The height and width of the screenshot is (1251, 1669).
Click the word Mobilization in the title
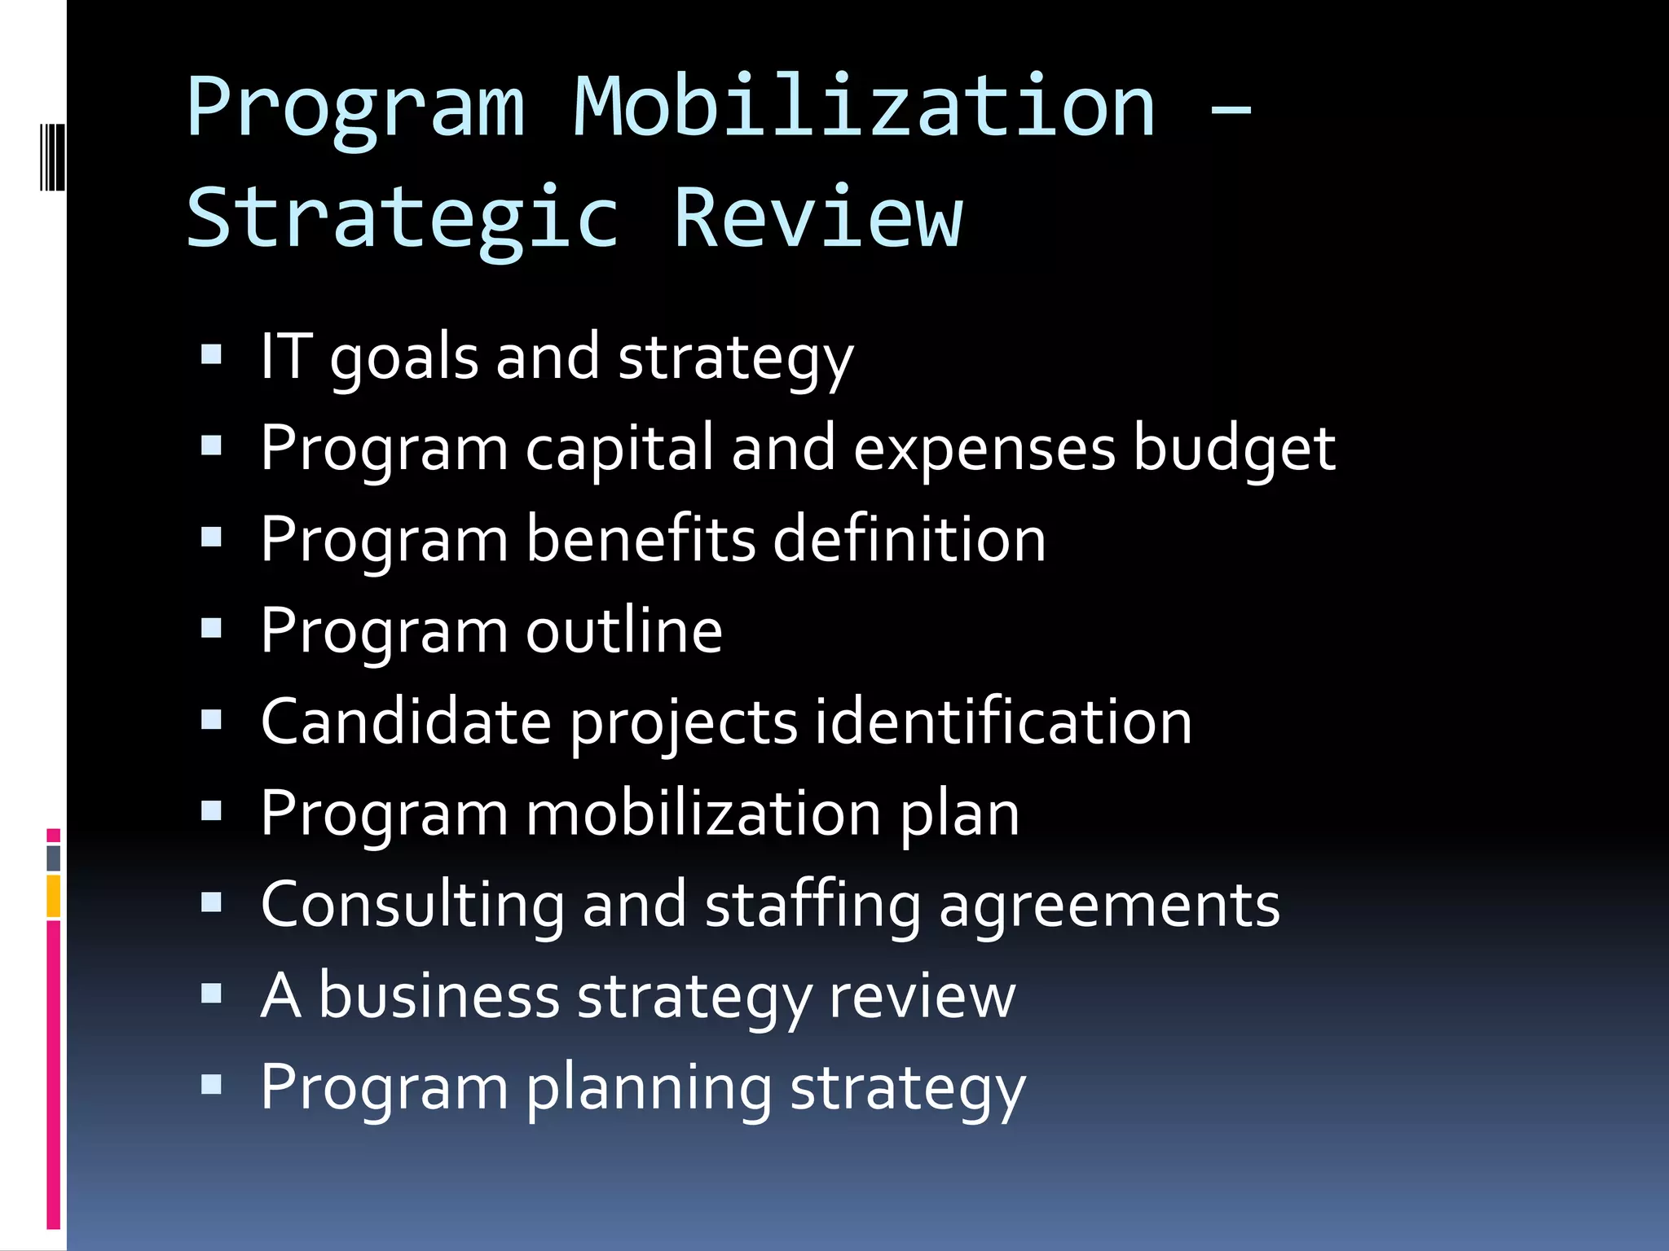coord(864,108)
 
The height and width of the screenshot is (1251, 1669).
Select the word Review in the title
coord(818,218)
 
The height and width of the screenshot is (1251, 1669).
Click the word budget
coord(1234,450)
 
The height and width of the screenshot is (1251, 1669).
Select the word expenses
coord(984,450)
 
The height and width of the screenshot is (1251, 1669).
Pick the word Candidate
coord(406,722)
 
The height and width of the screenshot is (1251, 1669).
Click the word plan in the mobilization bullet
coord(959,814)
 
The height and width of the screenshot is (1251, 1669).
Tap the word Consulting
coord(412,906)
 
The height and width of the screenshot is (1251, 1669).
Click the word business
coord(438,996)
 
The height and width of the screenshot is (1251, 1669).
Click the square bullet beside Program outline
coord(212,628)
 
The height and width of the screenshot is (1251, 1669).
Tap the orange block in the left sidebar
coord(54,896)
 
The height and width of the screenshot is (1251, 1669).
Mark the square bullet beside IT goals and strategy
coord(212,354)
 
